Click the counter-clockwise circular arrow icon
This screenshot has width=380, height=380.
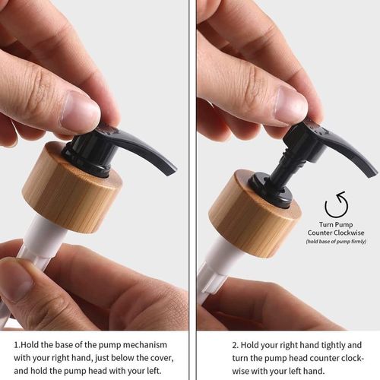(336, 204)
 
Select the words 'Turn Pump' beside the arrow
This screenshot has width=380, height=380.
(336, 224)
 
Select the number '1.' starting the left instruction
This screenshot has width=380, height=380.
(17, 343)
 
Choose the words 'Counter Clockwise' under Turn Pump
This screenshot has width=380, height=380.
(336, 233)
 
